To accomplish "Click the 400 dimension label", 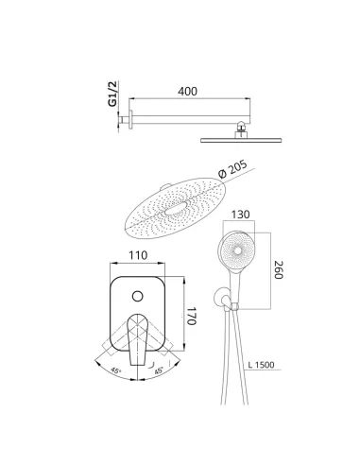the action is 187,92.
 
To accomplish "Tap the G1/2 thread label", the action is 112,94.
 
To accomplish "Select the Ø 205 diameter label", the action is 233,169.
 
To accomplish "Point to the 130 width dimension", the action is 240,215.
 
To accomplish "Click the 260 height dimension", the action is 279,269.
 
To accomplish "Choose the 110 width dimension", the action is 138,255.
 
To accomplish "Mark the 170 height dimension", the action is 191,316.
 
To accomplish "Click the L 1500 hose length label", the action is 261,365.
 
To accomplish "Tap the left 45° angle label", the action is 116,370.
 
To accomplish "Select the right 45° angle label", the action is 159,370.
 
